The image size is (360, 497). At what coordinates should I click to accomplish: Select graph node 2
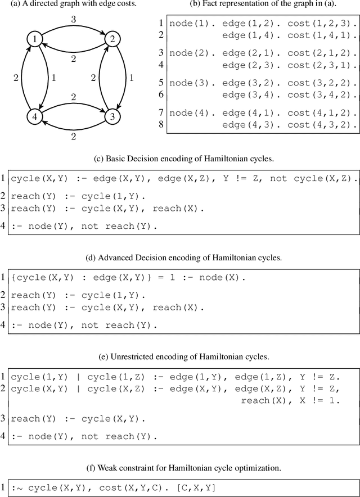tap(112, 39)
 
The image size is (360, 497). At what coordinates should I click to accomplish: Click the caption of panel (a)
tap(73, 4)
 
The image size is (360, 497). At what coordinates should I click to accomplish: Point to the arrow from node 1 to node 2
tap(74, 26)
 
